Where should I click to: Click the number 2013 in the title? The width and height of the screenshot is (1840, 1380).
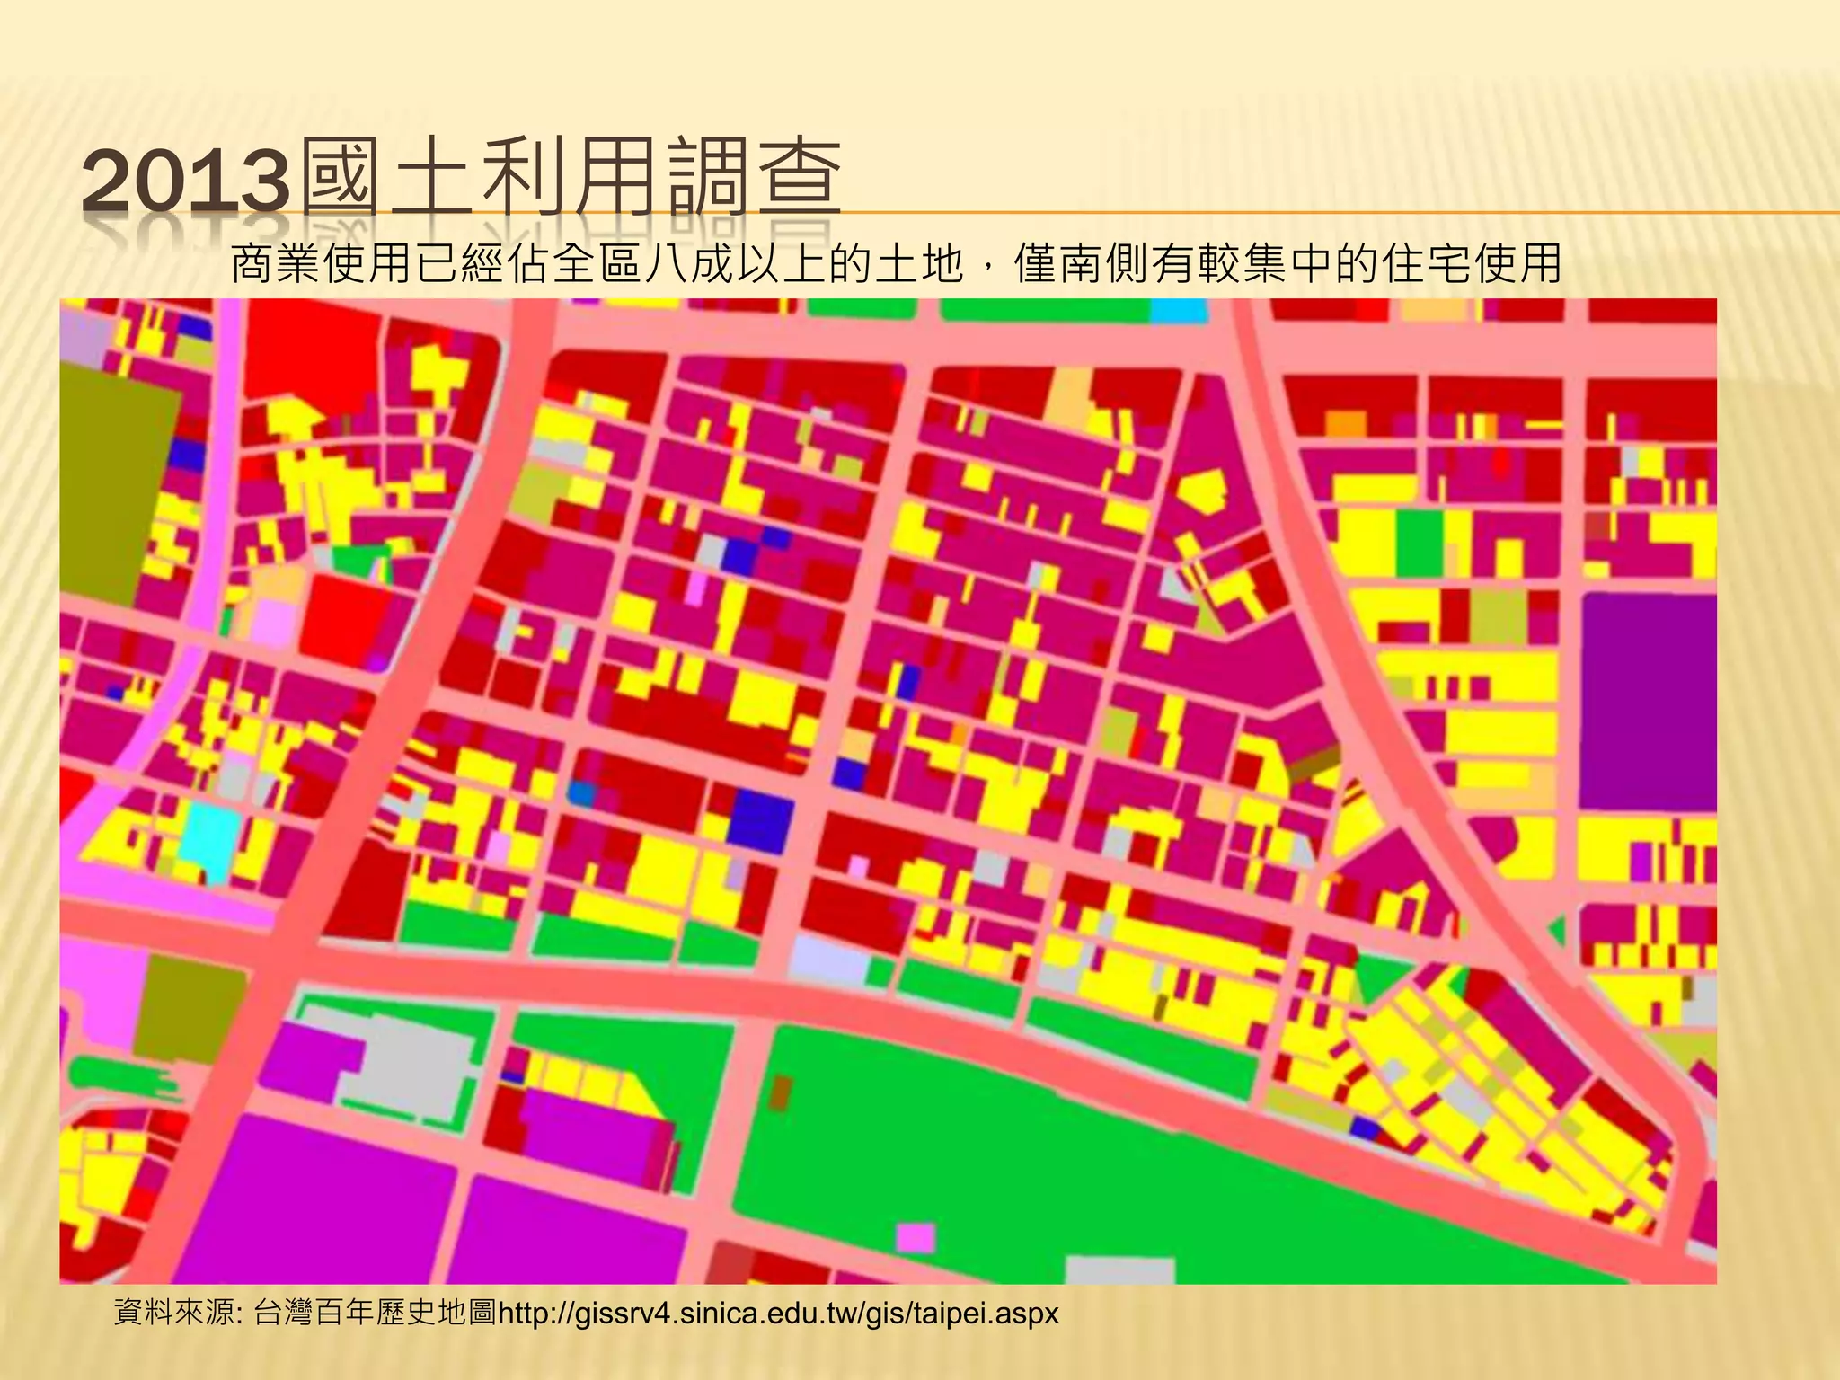[x=187, y=182]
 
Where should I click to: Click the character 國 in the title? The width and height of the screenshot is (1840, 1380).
[x=340, y=180]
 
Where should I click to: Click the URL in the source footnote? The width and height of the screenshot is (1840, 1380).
[x=778, y=1314]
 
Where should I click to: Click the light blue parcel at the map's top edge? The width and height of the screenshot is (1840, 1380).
[x=1177, y=311]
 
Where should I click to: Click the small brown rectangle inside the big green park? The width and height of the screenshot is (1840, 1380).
[x=780, y=1093]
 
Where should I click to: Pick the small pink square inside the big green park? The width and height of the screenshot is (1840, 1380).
[x=916, y=1237]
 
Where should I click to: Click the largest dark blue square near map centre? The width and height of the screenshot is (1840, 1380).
[x=761, y=820]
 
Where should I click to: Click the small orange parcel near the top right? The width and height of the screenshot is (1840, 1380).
[x=1346, y=423]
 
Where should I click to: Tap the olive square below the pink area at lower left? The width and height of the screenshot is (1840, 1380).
[x=190, y=1008]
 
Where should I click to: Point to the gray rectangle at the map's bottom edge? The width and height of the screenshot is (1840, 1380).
[x=1119, y=1270]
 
